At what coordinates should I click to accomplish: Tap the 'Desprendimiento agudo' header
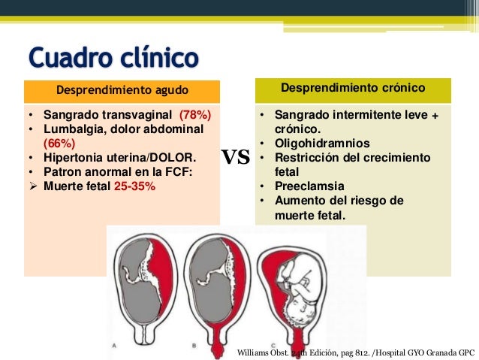pos(122,92)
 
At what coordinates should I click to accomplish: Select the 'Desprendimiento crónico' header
pos(353,89)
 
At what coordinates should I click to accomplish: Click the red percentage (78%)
pos(194,116)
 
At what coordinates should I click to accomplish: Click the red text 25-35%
pos(135,184)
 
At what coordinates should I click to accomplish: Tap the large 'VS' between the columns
pos(236,158)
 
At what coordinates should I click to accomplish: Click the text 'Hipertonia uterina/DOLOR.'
pos(121,157)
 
